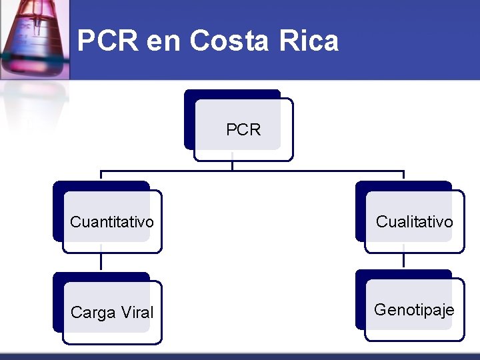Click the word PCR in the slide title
click(x=107, y=41)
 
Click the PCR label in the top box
click(x=243, y=130)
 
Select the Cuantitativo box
click(x=112, y=221)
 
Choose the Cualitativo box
click(x=414, y=221)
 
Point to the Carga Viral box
click(x=112, y=312)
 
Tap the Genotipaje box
click(x=414, y=310)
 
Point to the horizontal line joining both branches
click(x=253, y=171)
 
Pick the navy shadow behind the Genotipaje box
click(x=360, y=293)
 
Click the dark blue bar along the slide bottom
click(x=240, y=356)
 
